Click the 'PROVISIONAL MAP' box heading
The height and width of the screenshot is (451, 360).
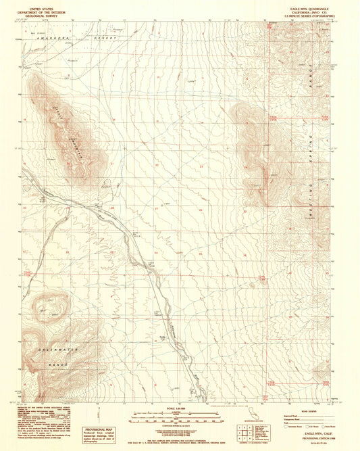[101, 427]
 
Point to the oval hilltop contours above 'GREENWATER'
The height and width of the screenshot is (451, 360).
[50, 305]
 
